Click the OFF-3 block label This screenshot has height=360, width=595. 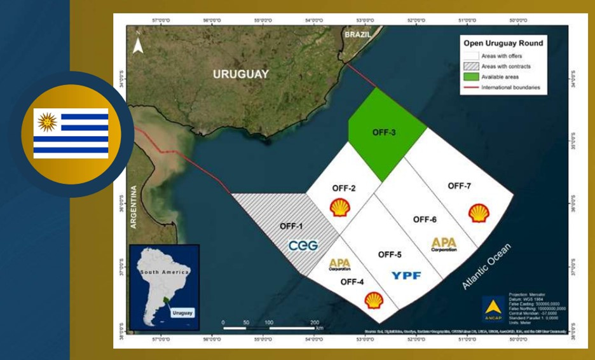tap(383, 132)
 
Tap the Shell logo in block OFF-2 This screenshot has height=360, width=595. tap(340, 207)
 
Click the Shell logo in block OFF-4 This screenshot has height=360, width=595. tap(374, 300)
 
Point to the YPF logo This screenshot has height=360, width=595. tap(406, 275)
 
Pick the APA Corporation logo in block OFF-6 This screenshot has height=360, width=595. tap(444, 244)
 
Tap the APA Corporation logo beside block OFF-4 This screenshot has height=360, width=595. tap(340, 264)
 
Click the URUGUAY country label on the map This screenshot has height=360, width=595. tap(240, 74)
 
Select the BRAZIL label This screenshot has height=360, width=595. tap(357, 36)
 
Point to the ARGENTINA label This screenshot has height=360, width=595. tap(134, 207)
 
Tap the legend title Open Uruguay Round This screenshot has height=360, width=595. tap(503, 44)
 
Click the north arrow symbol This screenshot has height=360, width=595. tap(138, 45)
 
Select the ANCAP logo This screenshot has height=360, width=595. tap(493, 308)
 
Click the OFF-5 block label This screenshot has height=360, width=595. tap(390, 254)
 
